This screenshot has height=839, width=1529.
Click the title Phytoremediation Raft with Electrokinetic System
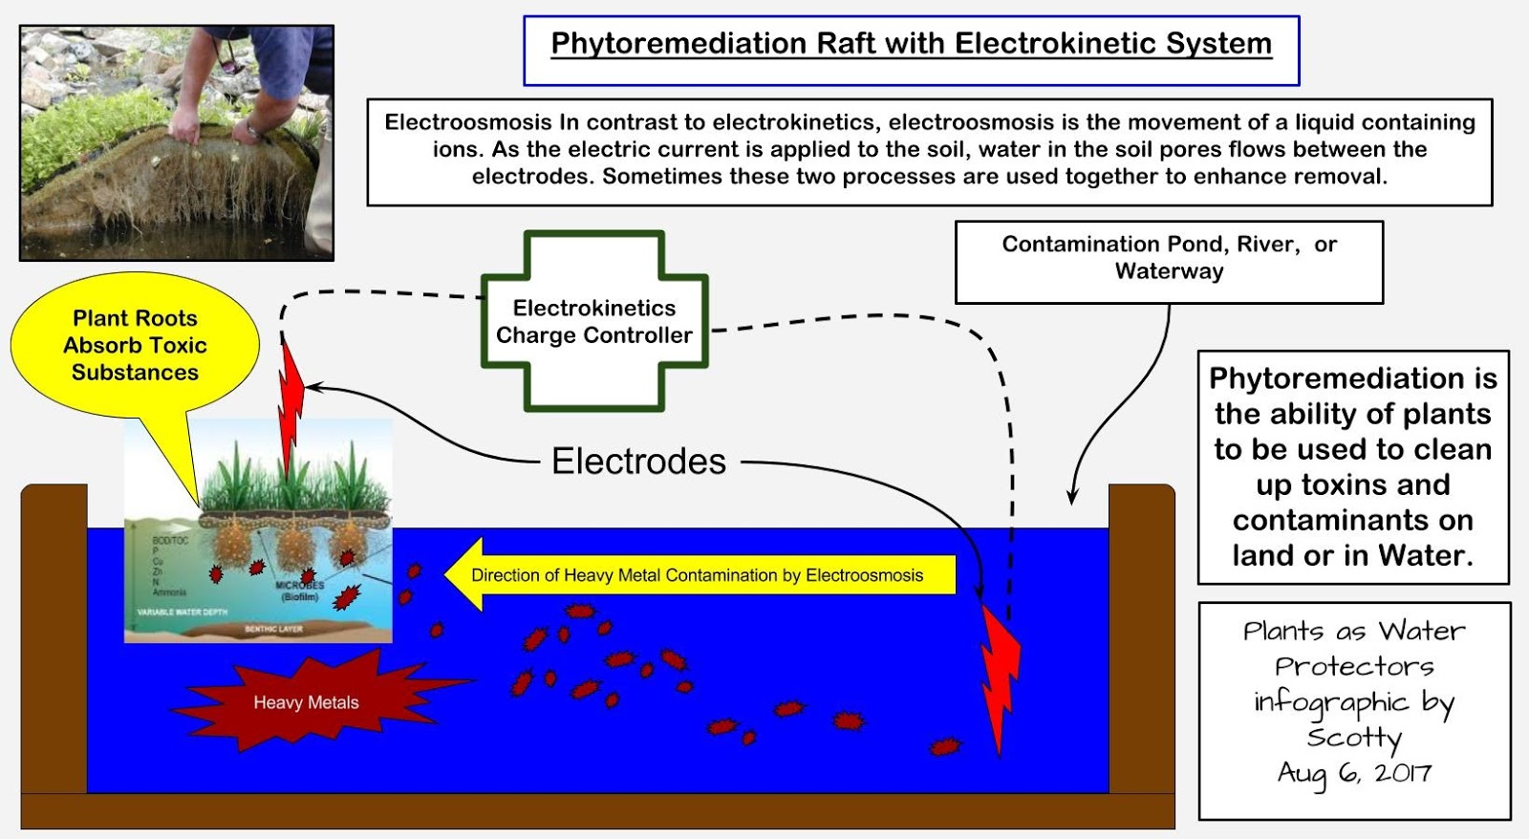click(x=911, y=45)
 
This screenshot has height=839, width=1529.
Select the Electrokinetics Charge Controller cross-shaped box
click(x=593, y=322)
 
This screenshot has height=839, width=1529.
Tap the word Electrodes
click(x=638, y=462)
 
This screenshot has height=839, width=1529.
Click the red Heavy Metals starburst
click(x=306, y=701)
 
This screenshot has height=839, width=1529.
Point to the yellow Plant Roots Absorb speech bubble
click(x=135, y=345)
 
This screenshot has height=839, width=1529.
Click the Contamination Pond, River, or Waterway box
click(x=1169, y=258)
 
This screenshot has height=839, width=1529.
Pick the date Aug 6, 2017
click(x=1354, y=773)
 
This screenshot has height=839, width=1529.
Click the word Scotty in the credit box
click(x=1354, y=737)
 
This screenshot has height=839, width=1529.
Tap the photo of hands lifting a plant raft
click(x=177, y=143)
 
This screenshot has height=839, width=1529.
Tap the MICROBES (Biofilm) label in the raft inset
click(x=299, y=591)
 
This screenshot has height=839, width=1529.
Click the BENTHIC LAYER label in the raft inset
click(x=273, y=629)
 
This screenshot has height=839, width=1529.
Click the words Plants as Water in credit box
click(x=1354, y=631)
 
